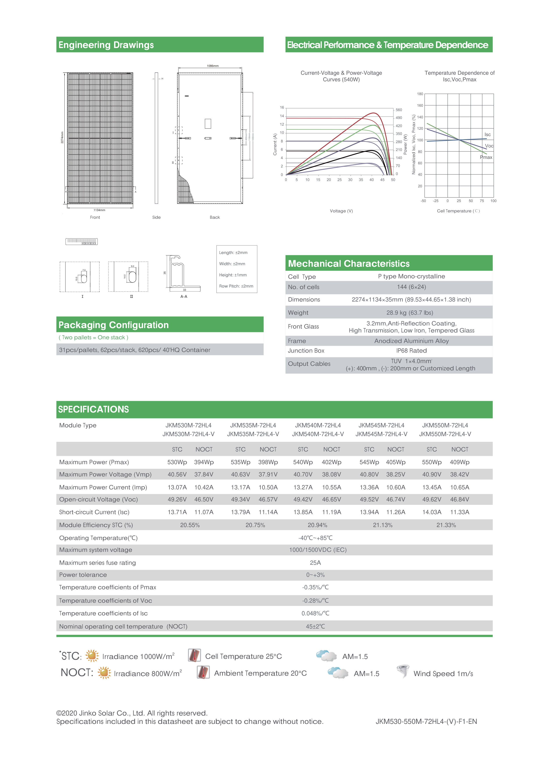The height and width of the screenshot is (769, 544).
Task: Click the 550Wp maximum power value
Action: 432,462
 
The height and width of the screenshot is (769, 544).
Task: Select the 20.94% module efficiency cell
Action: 317,525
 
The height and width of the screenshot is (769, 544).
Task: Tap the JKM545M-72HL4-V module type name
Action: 381,434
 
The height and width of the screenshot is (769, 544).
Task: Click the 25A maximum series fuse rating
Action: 315,563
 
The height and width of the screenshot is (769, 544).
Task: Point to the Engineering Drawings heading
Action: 106,45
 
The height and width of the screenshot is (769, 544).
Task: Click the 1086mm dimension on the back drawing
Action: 213,66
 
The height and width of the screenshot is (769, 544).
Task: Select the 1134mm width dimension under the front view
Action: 99,210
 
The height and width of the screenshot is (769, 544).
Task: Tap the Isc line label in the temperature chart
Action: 487,135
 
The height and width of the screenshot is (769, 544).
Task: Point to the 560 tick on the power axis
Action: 399,110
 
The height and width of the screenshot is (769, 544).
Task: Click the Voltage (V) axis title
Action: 341,211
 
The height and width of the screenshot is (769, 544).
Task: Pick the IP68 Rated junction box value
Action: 411,351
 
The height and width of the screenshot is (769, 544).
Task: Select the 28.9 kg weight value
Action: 410,313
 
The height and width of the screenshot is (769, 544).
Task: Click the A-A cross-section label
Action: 184,297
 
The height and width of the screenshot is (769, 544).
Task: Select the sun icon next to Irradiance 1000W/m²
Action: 92,656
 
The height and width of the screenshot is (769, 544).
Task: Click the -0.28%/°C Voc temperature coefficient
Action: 315,600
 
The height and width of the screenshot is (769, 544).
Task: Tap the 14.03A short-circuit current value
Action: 432,512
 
